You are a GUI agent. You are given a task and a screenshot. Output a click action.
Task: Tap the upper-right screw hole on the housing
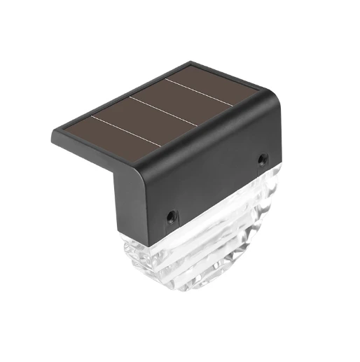(x=261, y=160)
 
